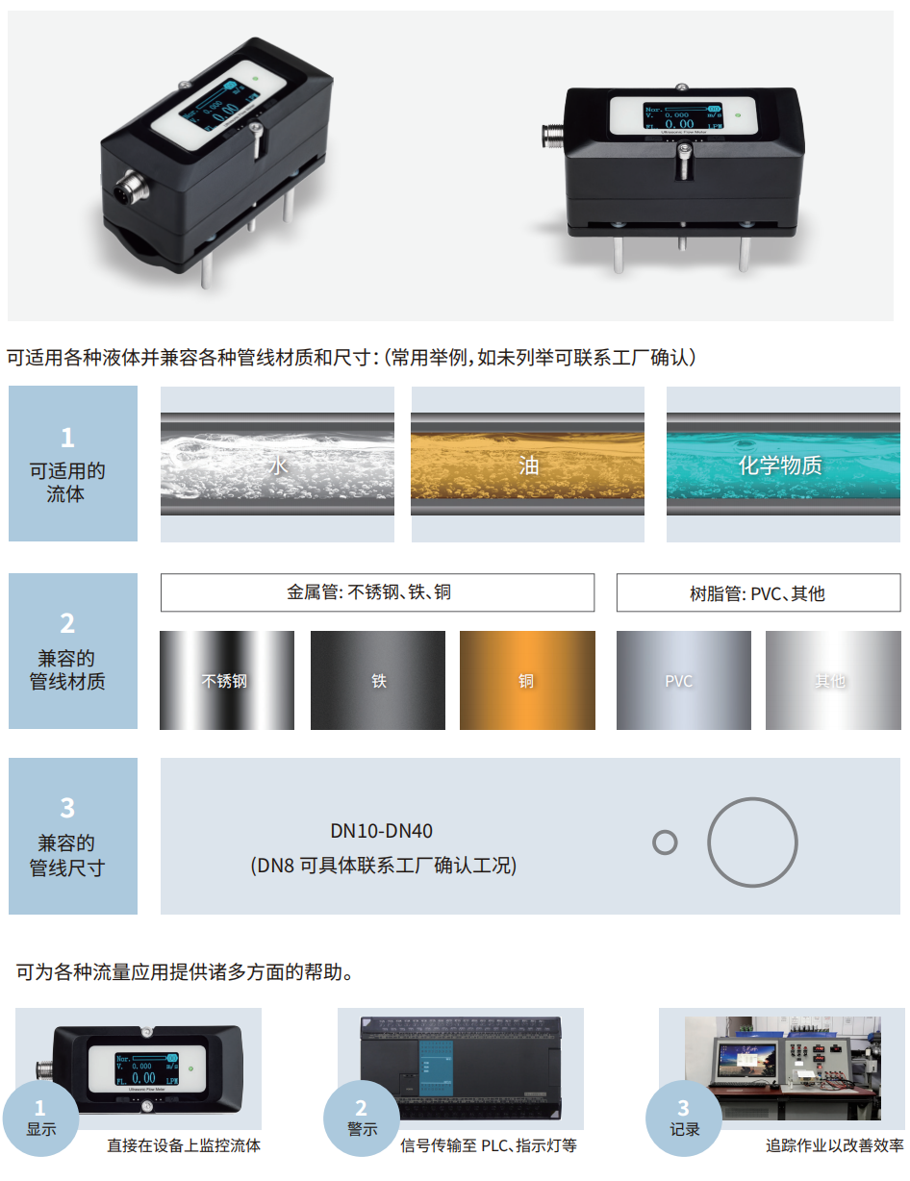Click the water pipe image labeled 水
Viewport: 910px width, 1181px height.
coord(277,464)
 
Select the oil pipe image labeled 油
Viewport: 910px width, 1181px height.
coord(528,464)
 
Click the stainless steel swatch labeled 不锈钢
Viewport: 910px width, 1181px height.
coord(227,680)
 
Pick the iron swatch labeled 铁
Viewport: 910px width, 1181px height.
coord(378,680)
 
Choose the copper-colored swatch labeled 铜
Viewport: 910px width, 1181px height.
coord(527,680)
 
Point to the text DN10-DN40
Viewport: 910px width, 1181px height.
coord(382,831)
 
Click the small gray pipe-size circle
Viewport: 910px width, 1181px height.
coord(665,842)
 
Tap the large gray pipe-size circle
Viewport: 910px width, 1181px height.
coord(752,842)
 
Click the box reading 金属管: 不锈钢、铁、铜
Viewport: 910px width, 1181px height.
coord(377,592)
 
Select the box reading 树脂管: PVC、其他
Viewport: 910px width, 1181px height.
coord(758,593)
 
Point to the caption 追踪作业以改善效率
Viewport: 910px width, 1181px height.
coord(834,1145)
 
